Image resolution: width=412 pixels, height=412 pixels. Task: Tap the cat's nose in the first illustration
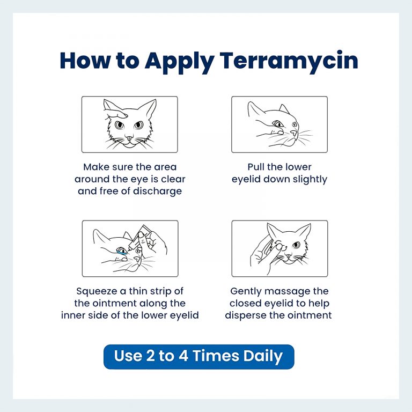[128, 137]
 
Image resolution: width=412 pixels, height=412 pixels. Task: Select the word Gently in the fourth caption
[248, 291]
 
